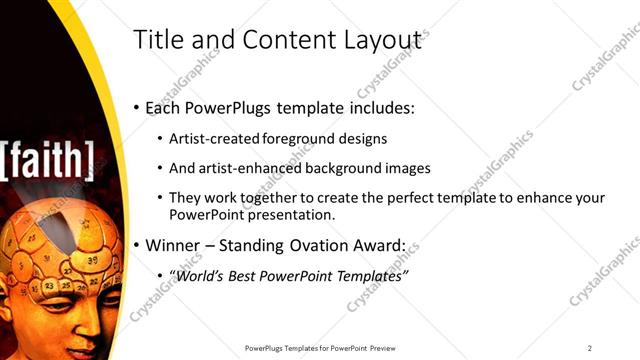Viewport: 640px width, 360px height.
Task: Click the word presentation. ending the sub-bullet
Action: pyautogui.click(x=297, y=214)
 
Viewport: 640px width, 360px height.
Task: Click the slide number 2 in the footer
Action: pyautogui.click(x=590, y=348)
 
